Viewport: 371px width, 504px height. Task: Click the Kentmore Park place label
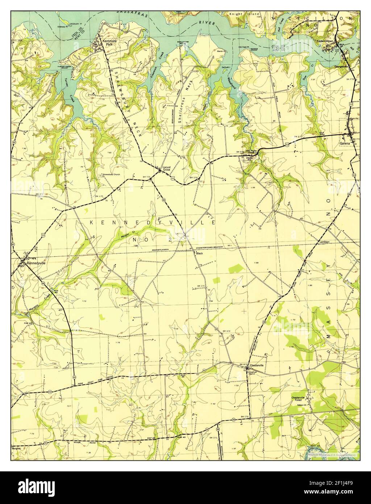(x=108, y=43)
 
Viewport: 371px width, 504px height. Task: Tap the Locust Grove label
(x=166, y=168)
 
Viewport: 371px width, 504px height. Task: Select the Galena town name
(x=345, y=144)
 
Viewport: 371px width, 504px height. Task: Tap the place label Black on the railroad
(x=199, y=253)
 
